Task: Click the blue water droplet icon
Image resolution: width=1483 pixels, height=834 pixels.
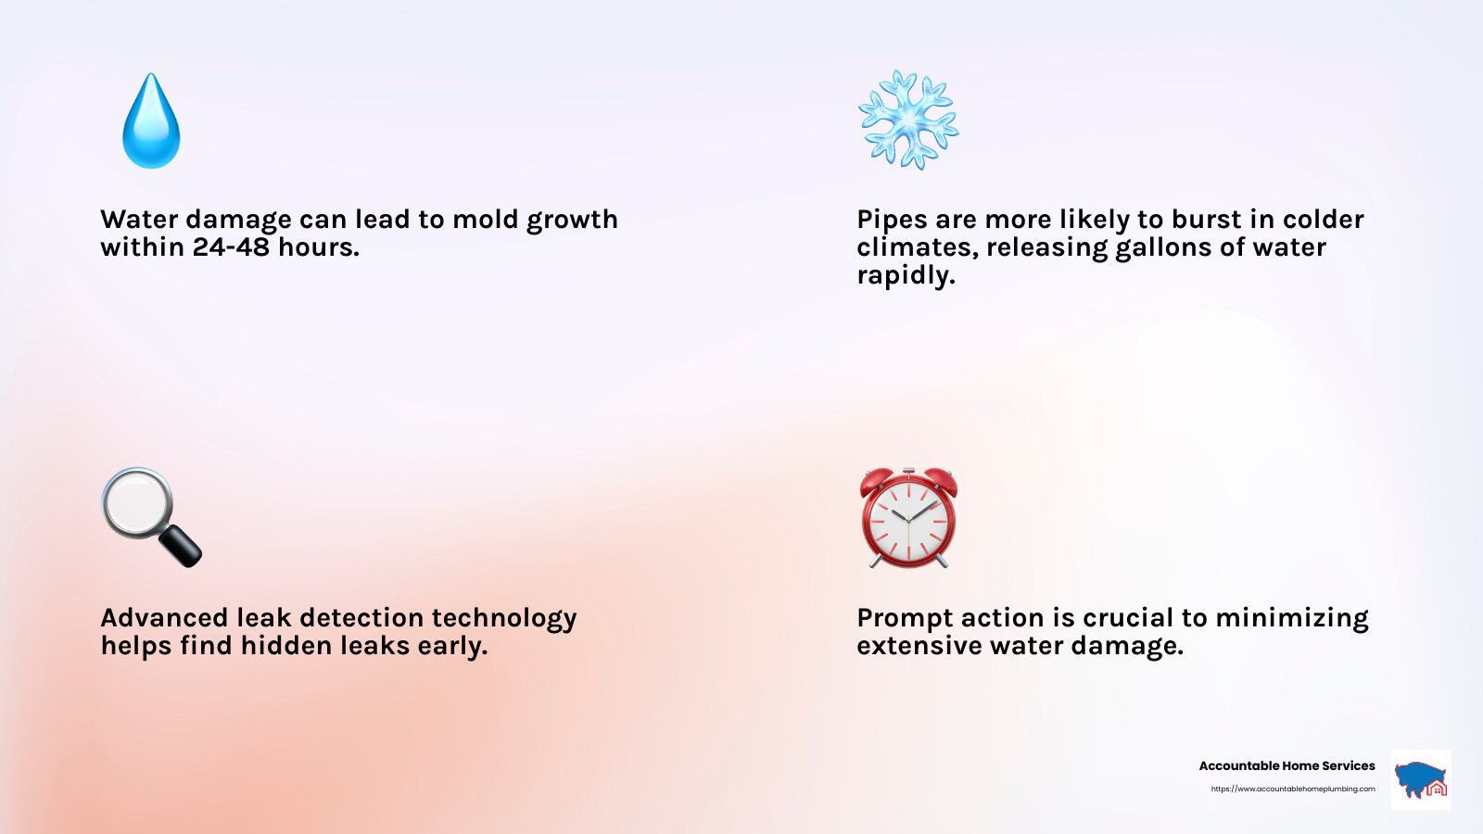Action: click(x=151, y=121)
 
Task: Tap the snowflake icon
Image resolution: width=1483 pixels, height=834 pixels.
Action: click(x=908, y=120)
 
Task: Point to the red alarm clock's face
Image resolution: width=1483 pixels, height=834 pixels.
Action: click(x=908, y=522)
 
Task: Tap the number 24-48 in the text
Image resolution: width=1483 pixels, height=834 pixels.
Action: click(x=231, y=246)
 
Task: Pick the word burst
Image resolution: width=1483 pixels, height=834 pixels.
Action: click(x=1207, y=219)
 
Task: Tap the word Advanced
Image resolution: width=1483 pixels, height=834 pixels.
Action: click(x=164, y=617)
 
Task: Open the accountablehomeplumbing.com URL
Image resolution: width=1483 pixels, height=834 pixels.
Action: click(x=1293, y=789)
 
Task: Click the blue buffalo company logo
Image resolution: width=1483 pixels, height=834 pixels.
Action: click(x=1421, y=779)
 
